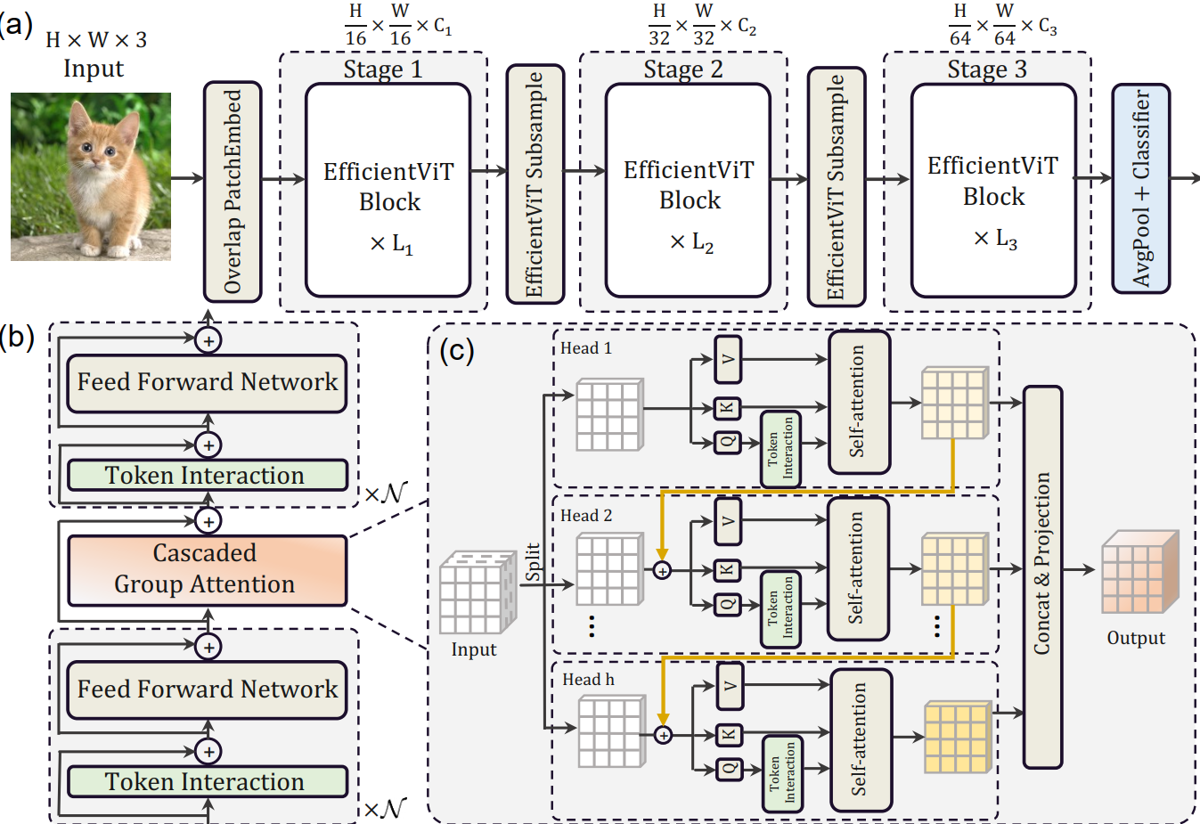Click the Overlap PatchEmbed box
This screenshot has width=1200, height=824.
tap(233, 192)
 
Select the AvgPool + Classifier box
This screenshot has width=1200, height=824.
tap(1140, 189)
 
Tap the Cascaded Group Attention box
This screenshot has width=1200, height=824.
tap(207, 569)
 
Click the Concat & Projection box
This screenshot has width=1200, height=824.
tap(1042, 576)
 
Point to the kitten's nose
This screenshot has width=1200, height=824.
tap(96, 164)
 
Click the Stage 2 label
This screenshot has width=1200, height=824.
tap(683, 69)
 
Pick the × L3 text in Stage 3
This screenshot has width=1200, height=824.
tap(995, 239)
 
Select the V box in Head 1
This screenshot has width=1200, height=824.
tap(728, 359)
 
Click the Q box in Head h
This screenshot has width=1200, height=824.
tap(730, 768)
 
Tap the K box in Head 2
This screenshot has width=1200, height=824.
tap(728, 569)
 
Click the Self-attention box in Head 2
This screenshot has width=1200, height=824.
tap(858, 568)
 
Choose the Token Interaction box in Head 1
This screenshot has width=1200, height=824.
tap(780, 449)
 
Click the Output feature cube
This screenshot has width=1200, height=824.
tap(1138, 574)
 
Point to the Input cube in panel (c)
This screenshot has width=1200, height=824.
tap(478, 591)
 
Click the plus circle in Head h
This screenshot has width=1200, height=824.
tap(663, 735)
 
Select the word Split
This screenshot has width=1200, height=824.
tap(533, 562)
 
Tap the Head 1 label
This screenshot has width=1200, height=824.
tap(585, 348)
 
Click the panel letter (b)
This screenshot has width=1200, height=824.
tap(18, 338)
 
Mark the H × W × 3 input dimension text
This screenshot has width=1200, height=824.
tap(96, 40)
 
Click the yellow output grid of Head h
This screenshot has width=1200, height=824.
tap(957, 737)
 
